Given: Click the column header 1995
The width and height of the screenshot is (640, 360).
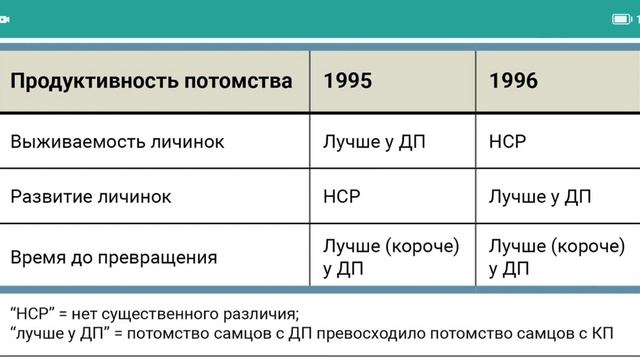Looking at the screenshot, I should pos(348,81).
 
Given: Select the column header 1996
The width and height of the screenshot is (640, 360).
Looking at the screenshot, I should pos(513,81).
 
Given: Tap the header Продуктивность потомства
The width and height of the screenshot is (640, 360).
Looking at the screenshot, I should pos(151,81).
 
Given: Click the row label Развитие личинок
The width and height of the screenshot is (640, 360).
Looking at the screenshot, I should pos(91,196).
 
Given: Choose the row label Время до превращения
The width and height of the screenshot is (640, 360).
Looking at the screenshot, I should pos(113,257).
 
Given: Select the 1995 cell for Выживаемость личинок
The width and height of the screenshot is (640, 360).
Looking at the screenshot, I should pos(374,141).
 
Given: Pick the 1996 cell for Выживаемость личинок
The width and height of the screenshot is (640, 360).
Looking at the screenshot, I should pos(507,141).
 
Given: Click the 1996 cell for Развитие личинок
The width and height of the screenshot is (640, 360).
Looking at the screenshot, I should pos(540,196).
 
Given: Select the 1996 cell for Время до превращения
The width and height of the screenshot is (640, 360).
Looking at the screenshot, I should pos(556,257).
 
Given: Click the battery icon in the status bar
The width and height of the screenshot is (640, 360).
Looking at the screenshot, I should pos(621,19).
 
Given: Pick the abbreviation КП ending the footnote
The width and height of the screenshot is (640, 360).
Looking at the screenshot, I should pos(601,333).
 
